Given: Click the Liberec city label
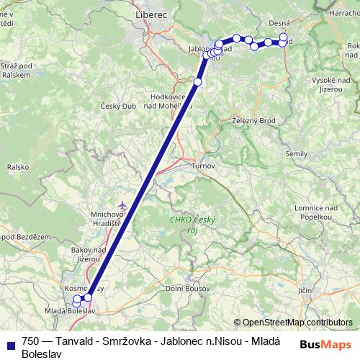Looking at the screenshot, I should [x=150, y=14].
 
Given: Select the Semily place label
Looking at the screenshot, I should [x=296, y=153].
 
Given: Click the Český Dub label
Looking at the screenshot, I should [x=113, y=106].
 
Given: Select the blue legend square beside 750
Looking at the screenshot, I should [x=9, y=342].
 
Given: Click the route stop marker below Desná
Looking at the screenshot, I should [x=283, y=37].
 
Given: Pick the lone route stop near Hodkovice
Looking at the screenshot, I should [x=197, y=82].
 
